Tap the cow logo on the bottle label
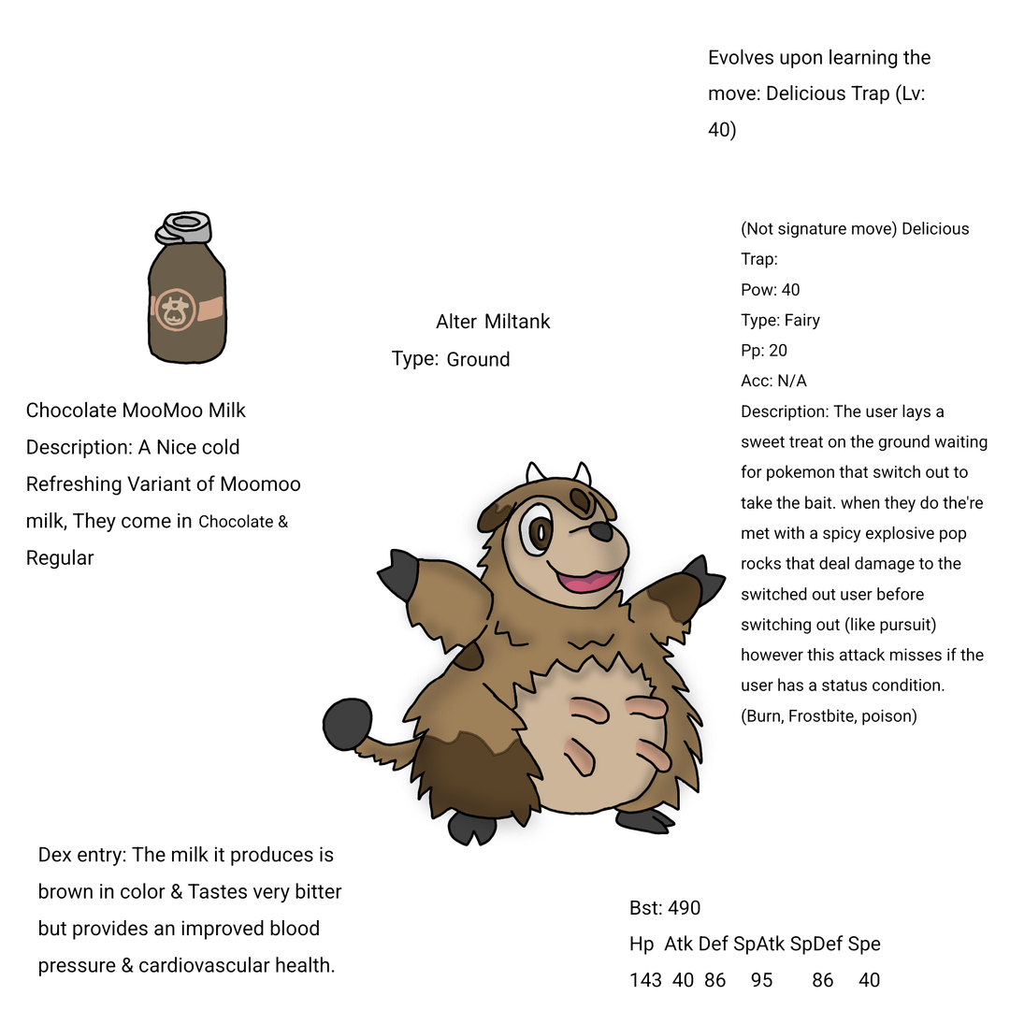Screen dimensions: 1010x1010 (173, 310)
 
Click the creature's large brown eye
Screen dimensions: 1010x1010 (540, 530)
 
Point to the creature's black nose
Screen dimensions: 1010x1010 (601, 531)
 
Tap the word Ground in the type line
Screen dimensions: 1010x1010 (478, 359)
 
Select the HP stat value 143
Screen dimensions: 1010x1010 (645, 980)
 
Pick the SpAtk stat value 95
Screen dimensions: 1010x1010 (761, 980)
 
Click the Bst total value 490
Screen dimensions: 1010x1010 (684, 907)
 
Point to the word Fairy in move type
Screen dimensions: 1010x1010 (801, 320)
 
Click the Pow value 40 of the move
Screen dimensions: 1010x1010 (790, 290)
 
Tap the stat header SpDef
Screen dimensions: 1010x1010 (815, 944)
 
